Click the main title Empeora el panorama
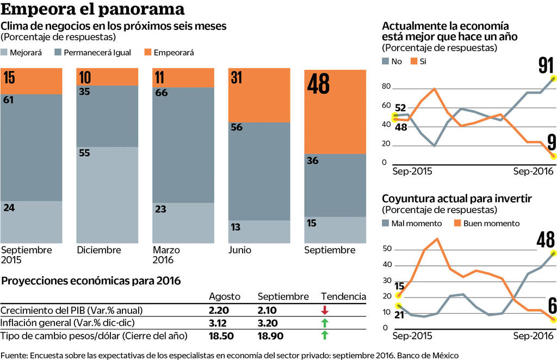(x=93, y=10)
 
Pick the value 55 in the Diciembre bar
(x=84, y=153)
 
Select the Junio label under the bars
(x=239, y=250)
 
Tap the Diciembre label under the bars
(x=98, y=250)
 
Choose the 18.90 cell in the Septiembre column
(x=270, y=336)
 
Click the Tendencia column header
(x=343, y=296)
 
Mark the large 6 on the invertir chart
(x=552, y=306)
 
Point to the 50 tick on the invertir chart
(x=387, y=249)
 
